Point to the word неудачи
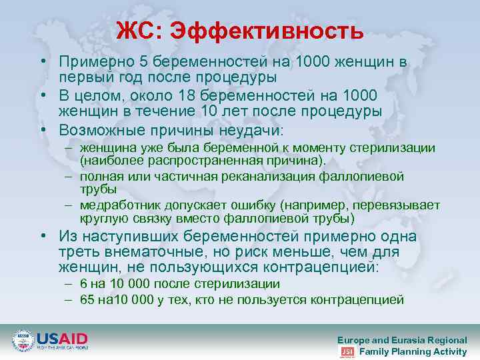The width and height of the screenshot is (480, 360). [255, 129]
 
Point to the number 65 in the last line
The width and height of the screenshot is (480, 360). [87, 299]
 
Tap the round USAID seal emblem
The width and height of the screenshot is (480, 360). [24, 341]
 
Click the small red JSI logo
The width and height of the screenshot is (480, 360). [347, 351]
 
